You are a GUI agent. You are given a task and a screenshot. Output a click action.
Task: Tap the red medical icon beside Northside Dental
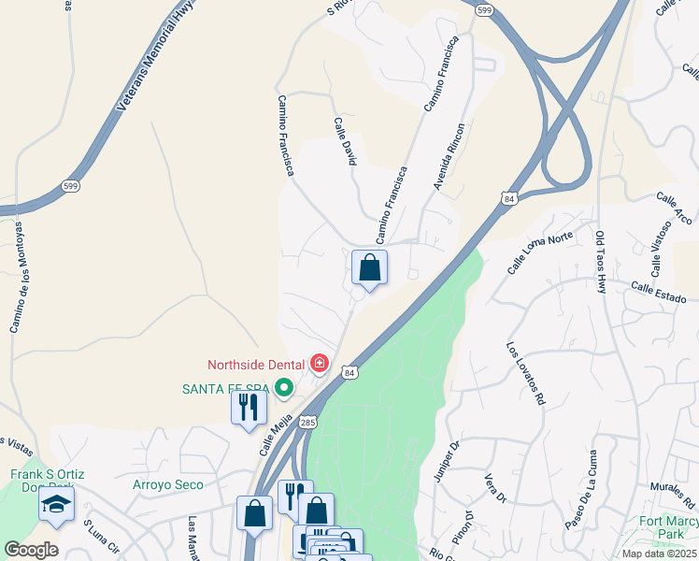(320, 362)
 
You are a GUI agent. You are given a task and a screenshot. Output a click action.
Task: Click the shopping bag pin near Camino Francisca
(370, 268)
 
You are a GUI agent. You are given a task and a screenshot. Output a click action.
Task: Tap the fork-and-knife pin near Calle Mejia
(249, 408)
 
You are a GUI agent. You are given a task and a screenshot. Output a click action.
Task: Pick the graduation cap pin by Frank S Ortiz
(56, 506)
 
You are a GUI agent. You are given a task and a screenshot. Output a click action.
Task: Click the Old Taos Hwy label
(600, 262)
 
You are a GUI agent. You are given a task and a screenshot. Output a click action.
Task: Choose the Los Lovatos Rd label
(525, 372)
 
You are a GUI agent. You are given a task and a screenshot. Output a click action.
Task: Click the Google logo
(31, 550)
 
